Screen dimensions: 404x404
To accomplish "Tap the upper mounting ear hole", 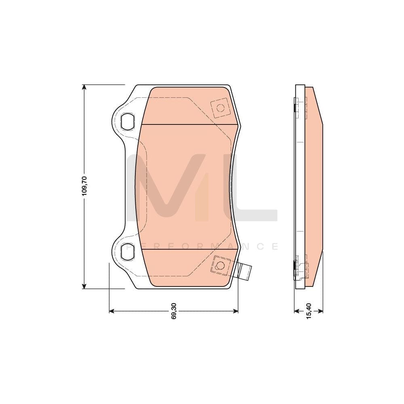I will [127, 120].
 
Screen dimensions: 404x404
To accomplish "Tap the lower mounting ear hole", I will [127, 251].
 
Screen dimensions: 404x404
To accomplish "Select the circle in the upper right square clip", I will [220, 108].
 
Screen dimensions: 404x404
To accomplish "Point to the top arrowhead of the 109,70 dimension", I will [84, 87].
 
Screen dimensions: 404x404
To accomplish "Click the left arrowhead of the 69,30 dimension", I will [112, 311].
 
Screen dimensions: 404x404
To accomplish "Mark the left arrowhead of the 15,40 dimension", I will [297, 311].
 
